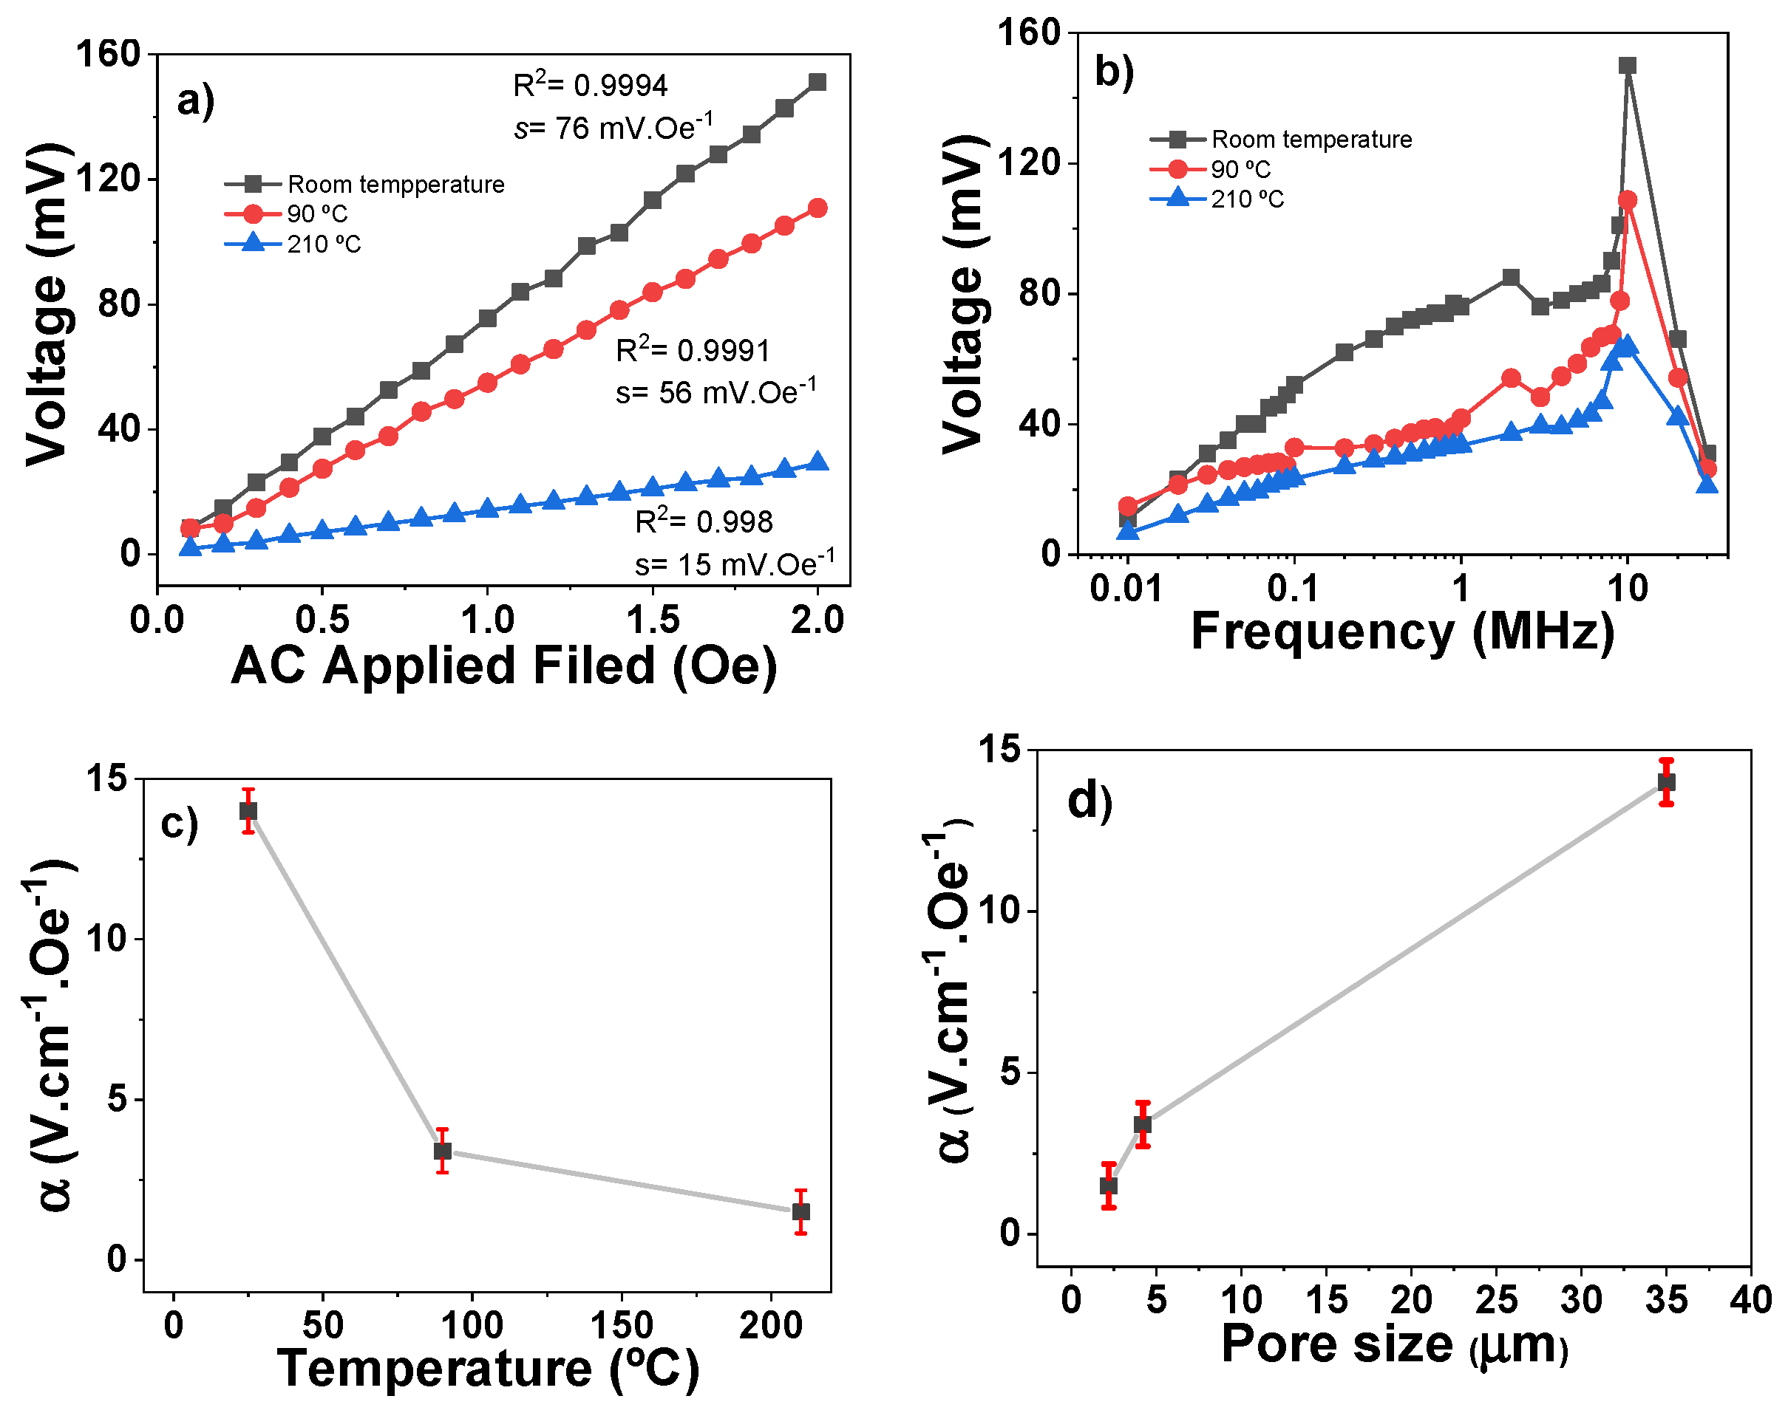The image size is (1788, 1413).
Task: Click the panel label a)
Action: [x=195, y=101]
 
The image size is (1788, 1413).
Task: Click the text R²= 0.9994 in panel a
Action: [x=590, y=84]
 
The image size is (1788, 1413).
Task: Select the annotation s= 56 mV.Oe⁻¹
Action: [x=715, y=391]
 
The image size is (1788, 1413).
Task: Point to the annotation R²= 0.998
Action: [x=704, y=521]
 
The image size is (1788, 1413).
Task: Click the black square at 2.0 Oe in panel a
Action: [x=817, y=82]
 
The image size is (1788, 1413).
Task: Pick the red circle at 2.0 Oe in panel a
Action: [x=817, y=208]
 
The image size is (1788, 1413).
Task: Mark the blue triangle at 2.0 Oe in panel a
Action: [x=817, y=462]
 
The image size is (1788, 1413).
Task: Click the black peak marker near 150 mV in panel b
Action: [x=1628, y=65]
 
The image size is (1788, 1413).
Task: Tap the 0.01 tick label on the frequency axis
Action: [x=1126, y=589]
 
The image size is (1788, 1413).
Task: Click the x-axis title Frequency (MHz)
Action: [x=1402, y=632]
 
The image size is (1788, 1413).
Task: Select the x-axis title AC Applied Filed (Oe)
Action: [x=503, y=666]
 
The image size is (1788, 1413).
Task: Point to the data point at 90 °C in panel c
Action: [x=443, y=1151]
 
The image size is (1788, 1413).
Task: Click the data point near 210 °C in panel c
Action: [x=800, y=1211]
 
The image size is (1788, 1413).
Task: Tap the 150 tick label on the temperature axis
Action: [x=621, y=1325]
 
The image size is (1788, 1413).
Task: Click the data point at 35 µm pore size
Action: [x=1666, y=781]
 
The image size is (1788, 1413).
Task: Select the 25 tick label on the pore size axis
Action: [x=1497, y=1300]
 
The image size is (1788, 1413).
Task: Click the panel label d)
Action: [x=1090, y=801]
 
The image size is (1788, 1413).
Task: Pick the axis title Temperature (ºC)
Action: [x=489, y=1369]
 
